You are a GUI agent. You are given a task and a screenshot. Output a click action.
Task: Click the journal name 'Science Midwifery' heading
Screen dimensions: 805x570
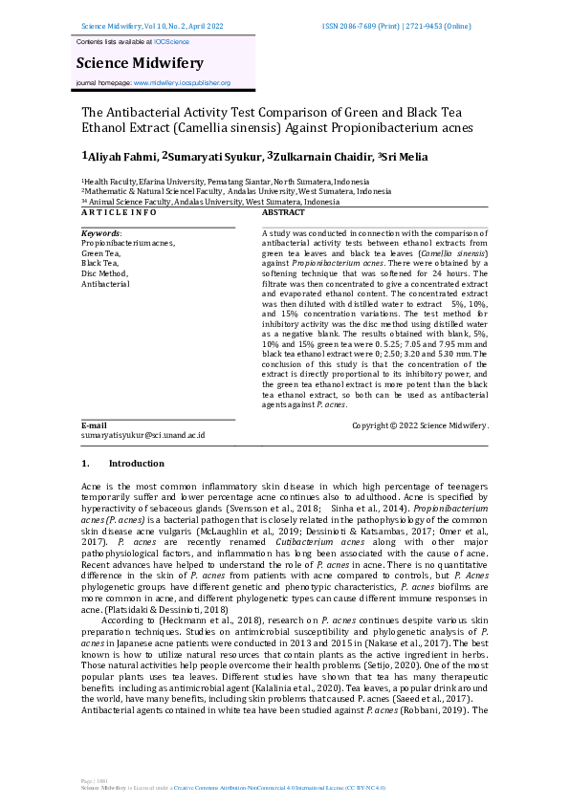140,63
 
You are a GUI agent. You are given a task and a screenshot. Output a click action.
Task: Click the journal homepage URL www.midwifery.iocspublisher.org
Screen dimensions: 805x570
182,83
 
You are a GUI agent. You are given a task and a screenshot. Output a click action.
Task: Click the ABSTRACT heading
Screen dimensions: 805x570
283,212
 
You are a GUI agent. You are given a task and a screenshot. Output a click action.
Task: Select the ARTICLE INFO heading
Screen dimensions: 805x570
118,212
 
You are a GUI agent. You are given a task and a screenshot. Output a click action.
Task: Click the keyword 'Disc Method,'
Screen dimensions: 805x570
104,273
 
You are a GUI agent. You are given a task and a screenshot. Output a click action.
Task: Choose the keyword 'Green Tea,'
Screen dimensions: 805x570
100,253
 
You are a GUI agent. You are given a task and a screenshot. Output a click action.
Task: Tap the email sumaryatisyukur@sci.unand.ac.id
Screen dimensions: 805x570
142,435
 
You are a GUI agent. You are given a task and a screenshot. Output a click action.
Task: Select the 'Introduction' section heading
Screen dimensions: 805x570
136,464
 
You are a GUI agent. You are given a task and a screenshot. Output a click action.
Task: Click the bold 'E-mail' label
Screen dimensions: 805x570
94,424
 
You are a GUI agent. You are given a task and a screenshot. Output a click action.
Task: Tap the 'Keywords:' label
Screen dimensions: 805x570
101,233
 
